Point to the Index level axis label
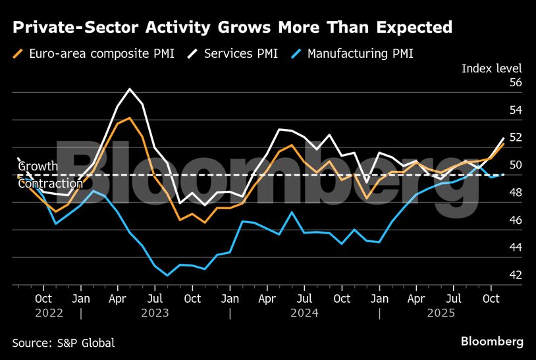(491, 68)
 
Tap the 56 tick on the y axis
(516, 83)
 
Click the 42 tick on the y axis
(516, 275)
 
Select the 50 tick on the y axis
(516, 165)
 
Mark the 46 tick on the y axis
(516, 220)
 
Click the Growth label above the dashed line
(38, 167)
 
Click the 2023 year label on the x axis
(155, 313)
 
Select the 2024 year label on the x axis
(305, 313)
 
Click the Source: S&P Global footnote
(63, 343)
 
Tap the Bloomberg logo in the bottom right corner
(492, 342)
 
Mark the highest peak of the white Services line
(130, 89)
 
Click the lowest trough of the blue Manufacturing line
(167, 275)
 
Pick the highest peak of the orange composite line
(130, 118)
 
